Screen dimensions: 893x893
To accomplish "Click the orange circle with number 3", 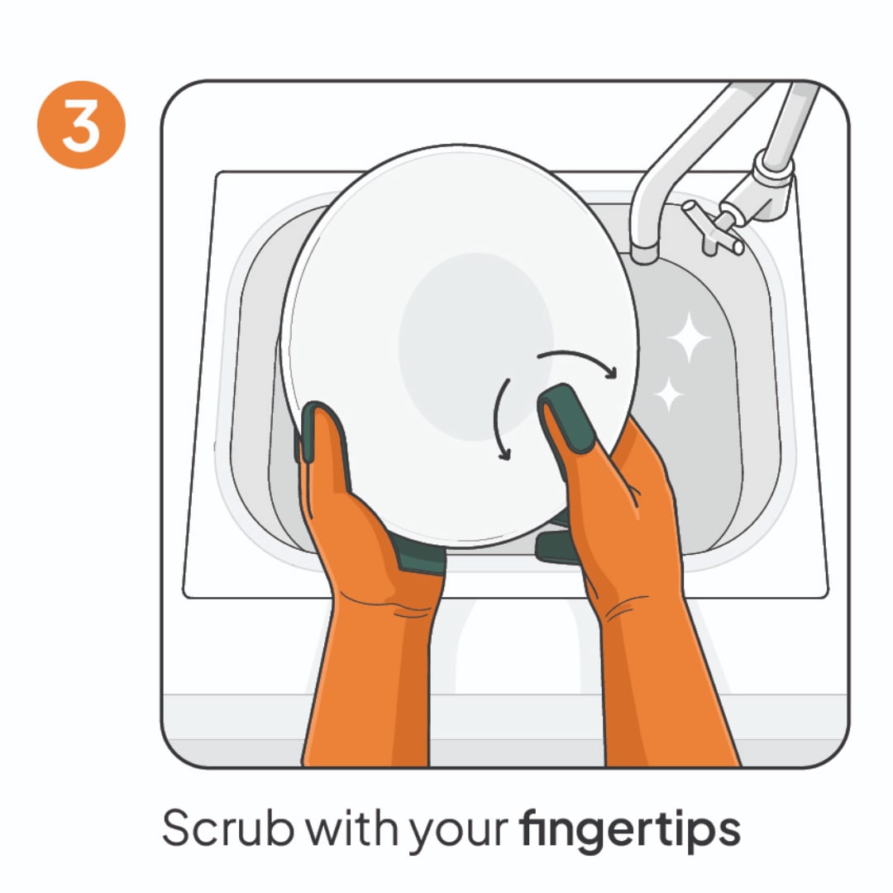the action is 81,125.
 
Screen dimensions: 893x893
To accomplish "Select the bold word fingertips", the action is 630,830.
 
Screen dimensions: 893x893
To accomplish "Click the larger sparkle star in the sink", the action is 689,337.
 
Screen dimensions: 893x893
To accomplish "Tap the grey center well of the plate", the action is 475,346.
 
